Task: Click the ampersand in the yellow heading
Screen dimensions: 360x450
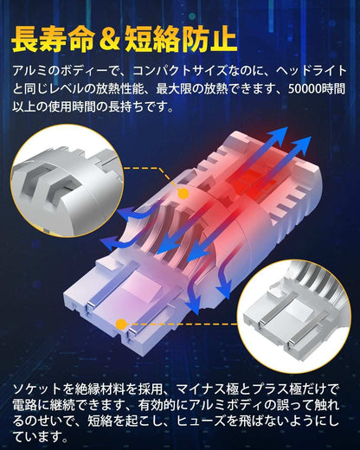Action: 108,39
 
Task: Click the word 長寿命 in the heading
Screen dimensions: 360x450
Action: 53,39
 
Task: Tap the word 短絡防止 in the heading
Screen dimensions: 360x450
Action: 180,39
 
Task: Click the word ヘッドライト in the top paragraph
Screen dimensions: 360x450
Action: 311,71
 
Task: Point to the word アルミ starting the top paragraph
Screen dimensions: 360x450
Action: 29,71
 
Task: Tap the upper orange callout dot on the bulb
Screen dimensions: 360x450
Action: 183,194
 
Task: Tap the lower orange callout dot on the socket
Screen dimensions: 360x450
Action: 121,325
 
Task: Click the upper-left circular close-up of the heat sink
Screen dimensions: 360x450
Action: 67,181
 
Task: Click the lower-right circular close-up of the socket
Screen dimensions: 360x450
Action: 294,315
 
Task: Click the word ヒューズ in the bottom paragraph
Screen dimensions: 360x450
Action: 201,421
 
